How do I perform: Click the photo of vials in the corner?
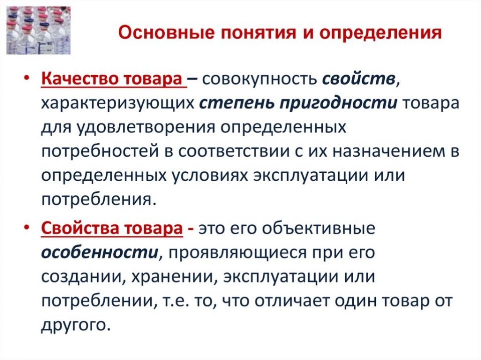pos(39,31)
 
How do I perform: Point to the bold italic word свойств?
pos(359,79)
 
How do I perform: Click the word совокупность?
pos(260,79)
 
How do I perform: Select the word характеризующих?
pos(118,104)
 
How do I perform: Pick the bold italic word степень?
pos(236,104)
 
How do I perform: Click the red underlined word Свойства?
pos(80,228)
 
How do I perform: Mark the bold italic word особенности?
pos(100,253)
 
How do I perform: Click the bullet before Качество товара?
pos(27,78)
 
